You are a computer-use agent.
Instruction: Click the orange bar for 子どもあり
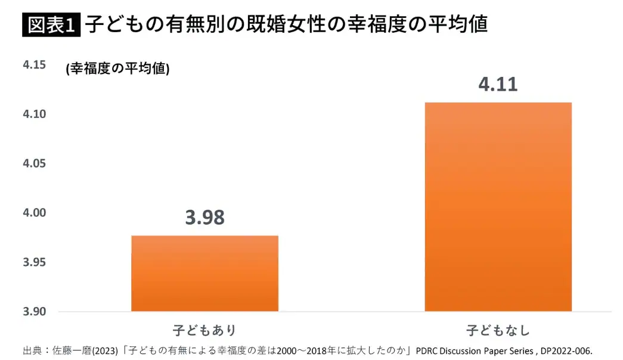point(204,273)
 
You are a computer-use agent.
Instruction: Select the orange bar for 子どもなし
point(498,206)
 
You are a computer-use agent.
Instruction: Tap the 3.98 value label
point(204,218)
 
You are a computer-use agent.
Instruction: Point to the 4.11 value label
point(498,84)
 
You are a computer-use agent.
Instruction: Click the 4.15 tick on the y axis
point(35,65)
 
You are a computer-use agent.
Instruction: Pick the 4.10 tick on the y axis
point(35,114)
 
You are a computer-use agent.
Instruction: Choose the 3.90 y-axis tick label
point(35,312)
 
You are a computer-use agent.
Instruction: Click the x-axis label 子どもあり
point(204,330)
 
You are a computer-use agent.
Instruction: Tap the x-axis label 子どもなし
point(498,330)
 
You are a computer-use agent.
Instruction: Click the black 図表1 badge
point(51,25)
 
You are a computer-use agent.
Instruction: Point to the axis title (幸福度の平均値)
point(117,69)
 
